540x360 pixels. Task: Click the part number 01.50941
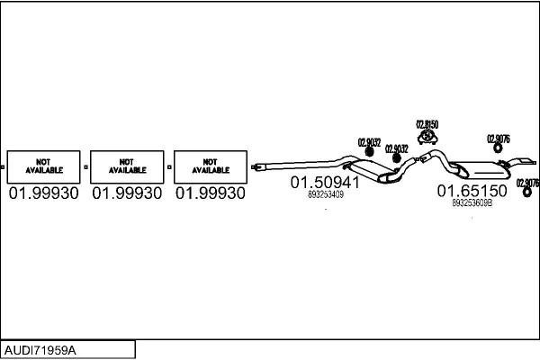[324, 183]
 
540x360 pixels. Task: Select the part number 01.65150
[472, 191]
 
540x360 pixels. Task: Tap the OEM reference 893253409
[325, 195]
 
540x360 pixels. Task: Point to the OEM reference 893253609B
[472, 203]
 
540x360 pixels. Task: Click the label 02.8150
[427, 125]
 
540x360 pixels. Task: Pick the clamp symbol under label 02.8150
[427, 137]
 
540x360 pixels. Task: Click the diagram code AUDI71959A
[41, 349]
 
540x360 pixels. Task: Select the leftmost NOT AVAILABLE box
[42, 166]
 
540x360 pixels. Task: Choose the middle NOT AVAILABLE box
[127, 166]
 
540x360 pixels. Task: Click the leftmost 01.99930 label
[42, 193]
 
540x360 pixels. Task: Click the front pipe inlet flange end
[257, 166]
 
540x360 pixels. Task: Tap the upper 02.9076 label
[499, 139]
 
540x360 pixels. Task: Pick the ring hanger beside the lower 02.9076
[526, 192]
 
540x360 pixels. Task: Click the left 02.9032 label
[369, 142]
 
